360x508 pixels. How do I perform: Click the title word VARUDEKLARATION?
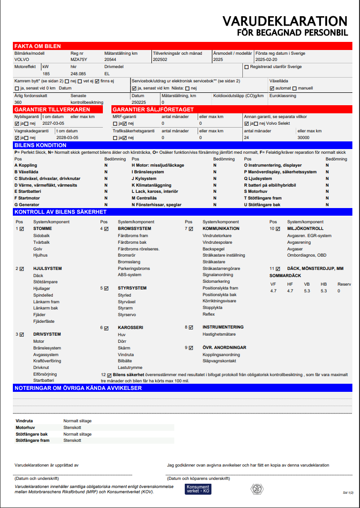285,21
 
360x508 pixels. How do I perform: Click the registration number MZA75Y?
79,60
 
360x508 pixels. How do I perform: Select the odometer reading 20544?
110,60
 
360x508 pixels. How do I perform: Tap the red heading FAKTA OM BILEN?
38,46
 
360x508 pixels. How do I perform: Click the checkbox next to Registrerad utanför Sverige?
246,67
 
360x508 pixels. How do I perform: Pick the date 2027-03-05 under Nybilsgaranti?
53,123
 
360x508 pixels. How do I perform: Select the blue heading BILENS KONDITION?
40,145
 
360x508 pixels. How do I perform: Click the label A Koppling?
26,165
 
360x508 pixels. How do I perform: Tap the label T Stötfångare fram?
263,198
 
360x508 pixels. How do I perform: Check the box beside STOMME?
21,229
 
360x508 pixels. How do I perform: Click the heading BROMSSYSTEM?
135,229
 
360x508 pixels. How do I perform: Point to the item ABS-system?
130,275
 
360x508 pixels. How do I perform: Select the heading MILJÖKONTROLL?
305,229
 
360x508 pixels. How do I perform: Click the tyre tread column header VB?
307,284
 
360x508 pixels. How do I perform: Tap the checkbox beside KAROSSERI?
106,328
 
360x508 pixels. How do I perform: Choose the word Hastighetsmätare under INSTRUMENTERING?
219,334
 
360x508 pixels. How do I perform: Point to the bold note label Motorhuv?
26,428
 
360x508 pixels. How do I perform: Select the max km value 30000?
304,138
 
